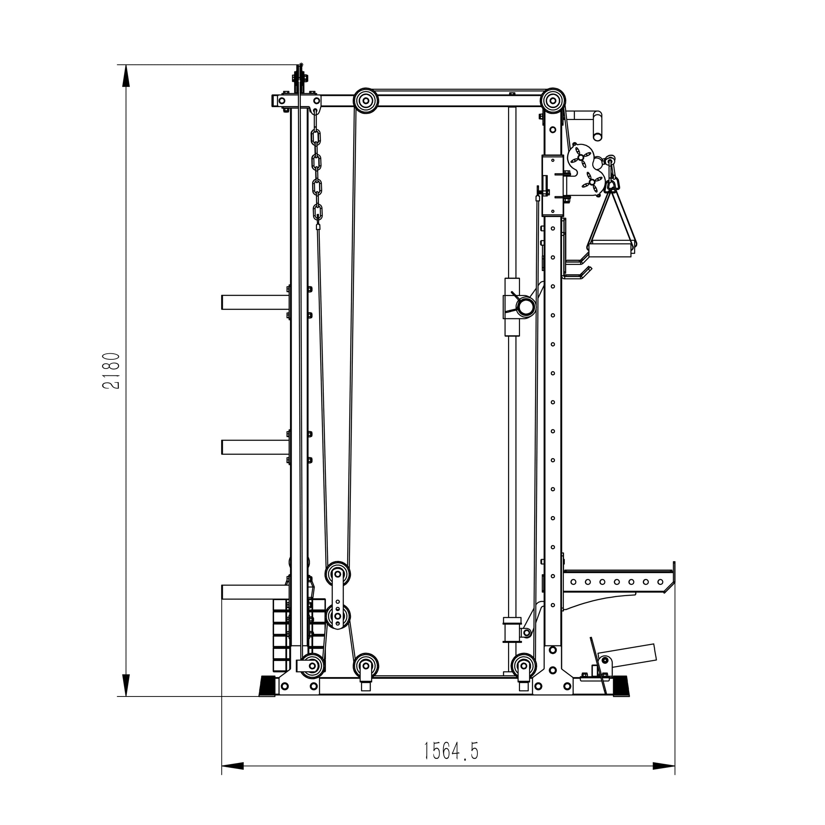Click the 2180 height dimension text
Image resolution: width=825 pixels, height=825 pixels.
pos(112,371)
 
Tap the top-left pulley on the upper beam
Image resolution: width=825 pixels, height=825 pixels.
pos(366,101)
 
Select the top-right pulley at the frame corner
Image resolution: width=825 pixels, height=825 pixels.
pos(553,101)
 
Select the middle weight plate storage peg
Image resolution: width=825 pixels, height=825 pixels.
pos(255,447)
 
